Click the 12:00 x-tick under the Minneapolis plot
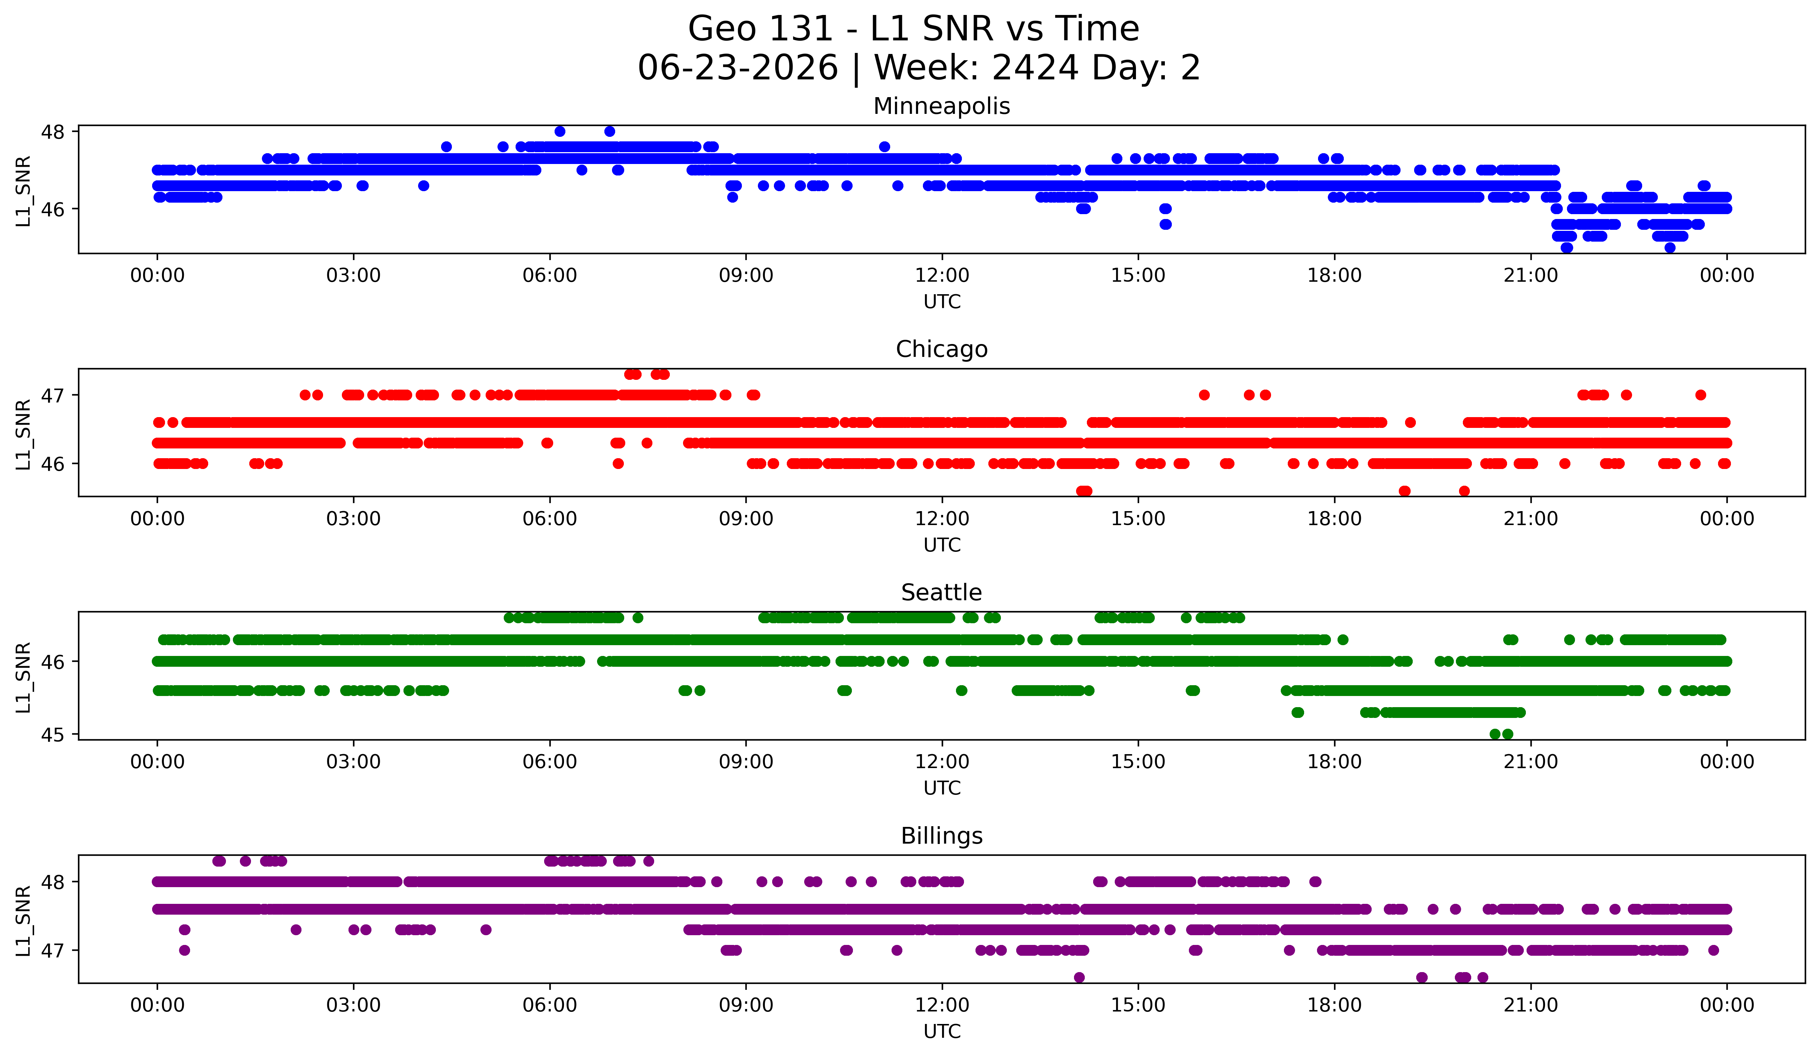pyautogui.click(x=942, y=276)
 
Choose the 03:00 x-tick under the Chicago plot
pyautogui.click(x=354, y=519)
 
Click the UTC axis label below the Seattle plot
pyautogui.click(x=942, y=788)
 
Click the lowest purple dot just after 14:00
pyautogui.click(x=1079, y=977)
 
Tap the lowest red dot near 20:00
pyautogui.click(x=1464, y=491)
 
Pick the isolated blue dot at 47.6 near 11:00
pyautogui.click(x=884, y=147)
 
